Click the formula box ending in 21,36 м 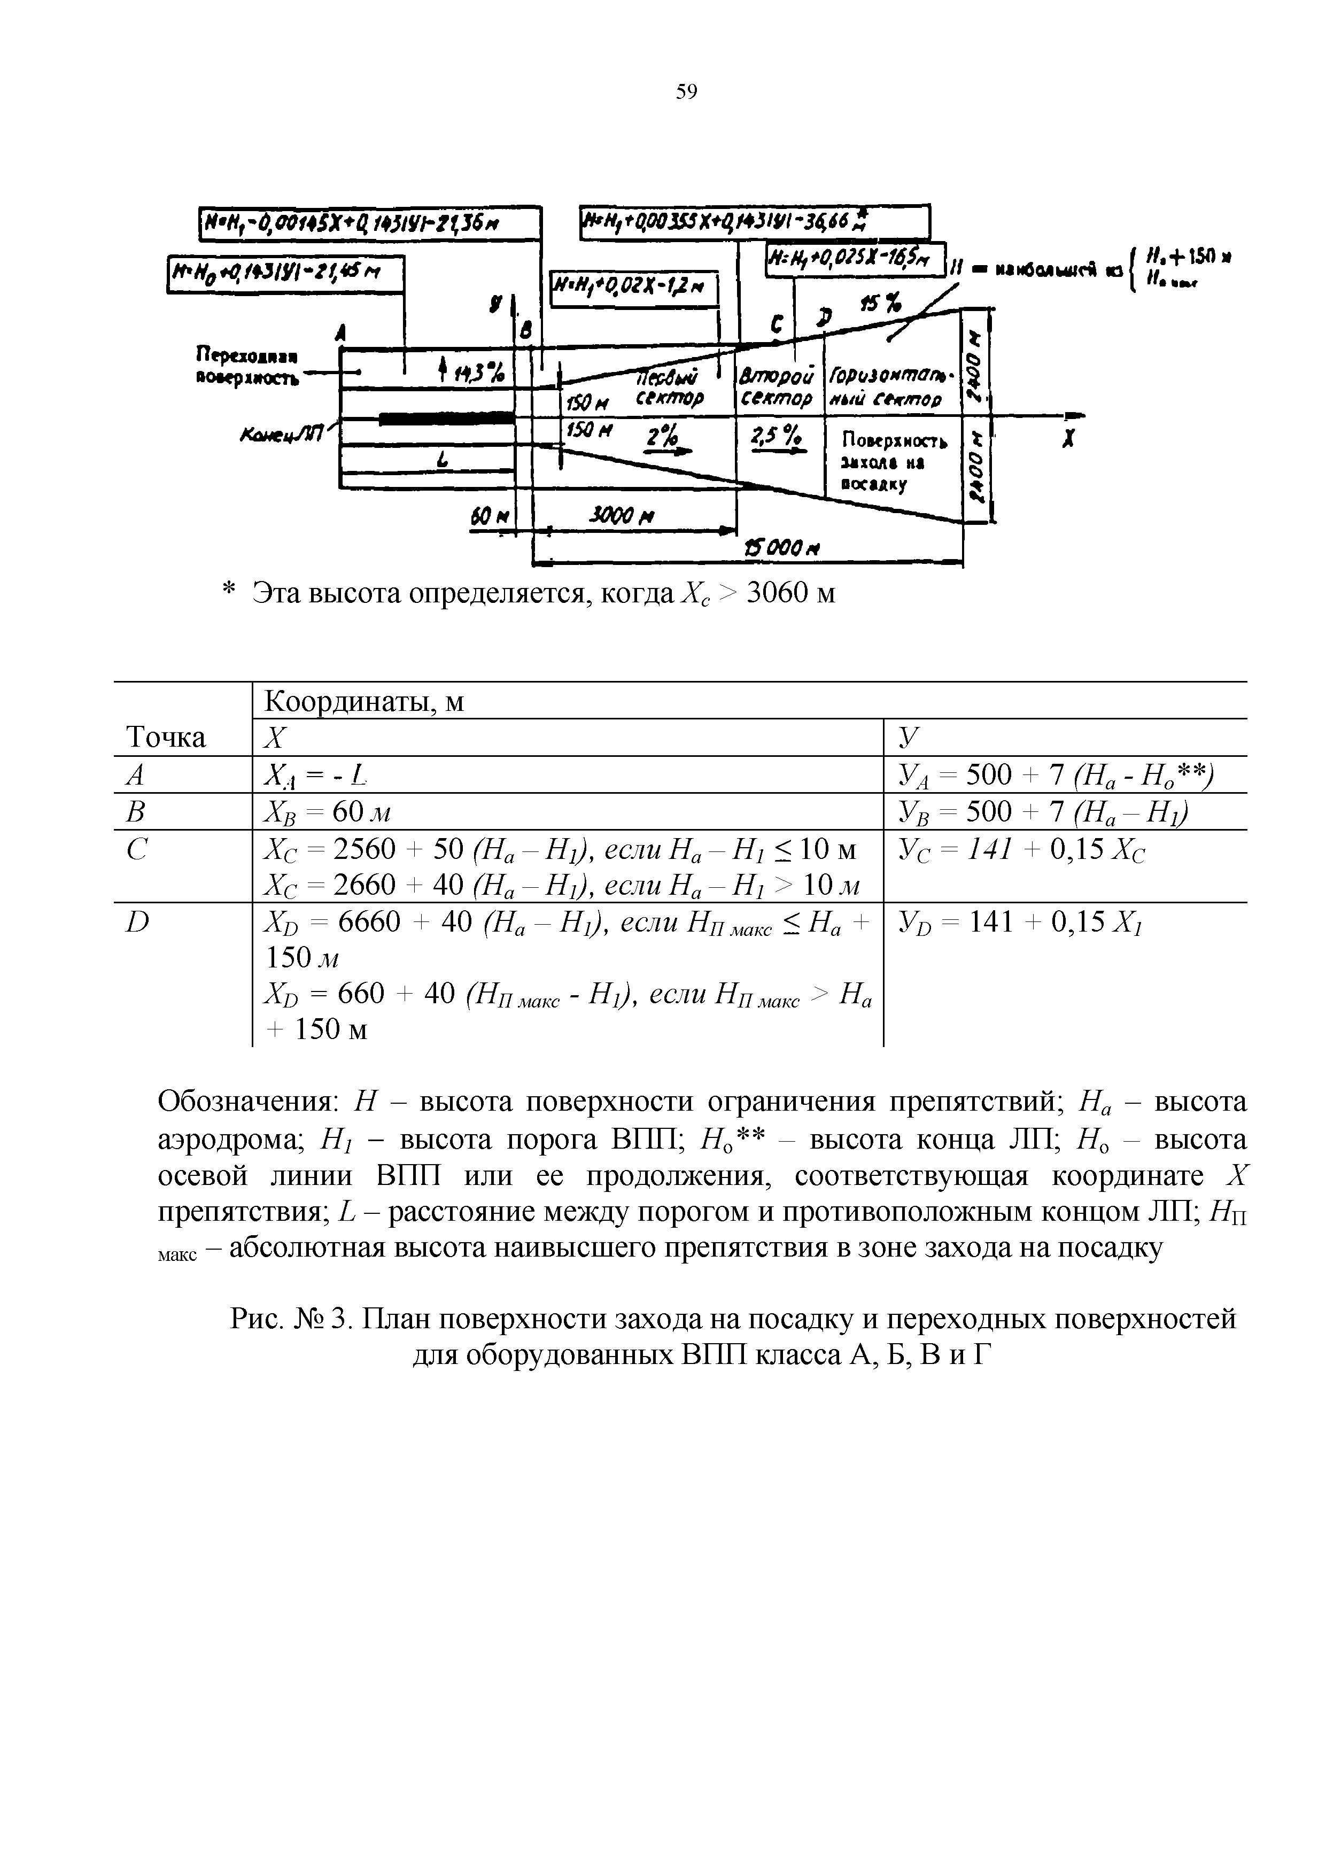coord(369,223)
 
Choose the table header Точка coord(166,738)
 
